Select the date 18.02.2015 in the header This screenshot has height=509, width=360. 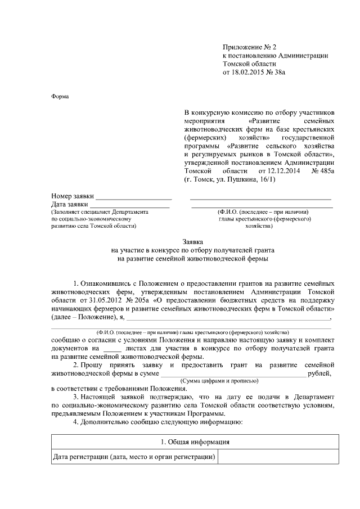click(249, 72)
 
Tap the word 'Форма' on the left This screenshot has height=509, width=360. click(60, 96)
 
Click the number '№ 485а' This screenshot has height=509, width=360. click(322, 170)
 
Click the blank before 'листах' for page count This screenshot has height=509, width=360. click(113, 349)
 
